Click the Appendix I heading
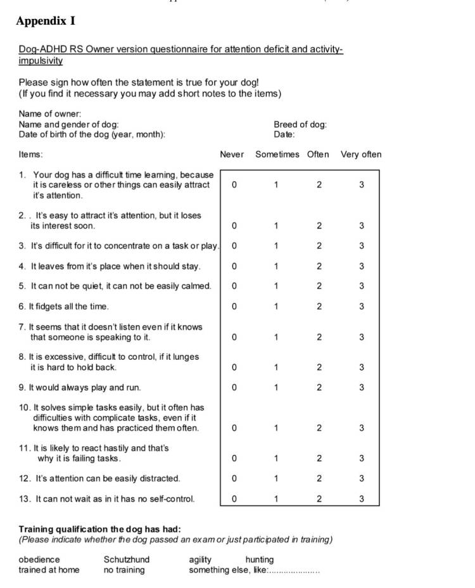click(46, 21)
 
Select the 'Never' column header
click(232, 155)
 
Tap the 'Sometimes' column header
click(277, 155)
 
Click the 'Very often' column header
click(361, 155)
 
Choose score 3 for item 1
click(361, 185)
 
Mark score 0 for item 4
click(234, 266)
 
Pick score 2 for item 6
click(319, 307)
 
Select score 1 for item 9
click(276, 387)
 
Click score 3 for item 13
click(361, 499)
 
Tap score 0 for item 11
click(234, 458)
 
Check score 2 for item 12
click(319, 478)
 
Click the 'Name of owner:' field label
click(50, 114)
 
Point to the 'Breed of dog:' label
click(300, 125)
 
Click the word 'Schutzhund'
click(127, 559)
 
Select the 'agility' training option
click(200, 559)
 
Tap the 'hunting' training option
click(260, 559)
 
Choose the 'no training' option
click(124, 570)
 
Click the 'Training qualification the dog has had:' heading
click(99, 529)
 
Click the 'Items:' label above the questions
click(30, 155)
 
